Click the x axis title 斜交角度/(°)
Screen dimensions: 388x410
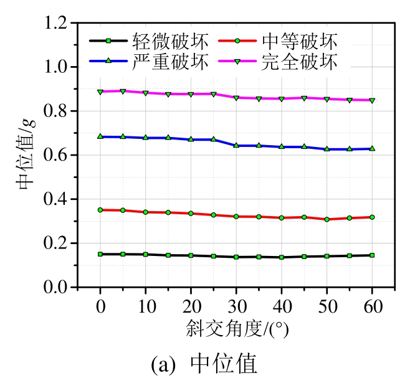(236, 328)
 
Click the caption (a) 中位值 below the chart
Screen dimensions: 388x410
(204, 364)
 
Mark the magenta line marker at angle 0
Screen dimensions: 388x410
(100, 92)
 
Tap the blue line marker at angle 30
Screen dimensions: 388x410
(236, 145)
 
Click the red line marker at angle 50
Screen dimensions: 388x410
(327, 219)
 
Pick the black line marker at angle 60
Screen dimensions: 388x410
(372, 255)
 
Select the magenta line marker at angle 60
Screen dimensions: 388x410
(372, 100)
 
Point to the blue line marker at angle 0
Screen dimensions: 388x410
(100, 136)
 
